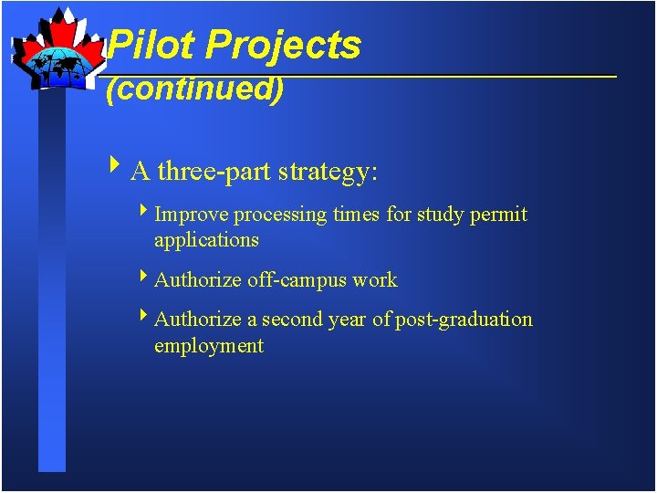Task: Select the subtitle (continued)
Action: tap(195, 89)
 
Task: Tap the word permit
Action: tap(498, 215)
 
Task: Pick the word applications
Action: tap(206, 241)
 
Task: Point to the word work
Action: tap(376, 279)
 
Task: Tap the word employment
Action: tap(209, 346)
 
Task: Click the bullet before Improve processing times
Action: tap(144, 213)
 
